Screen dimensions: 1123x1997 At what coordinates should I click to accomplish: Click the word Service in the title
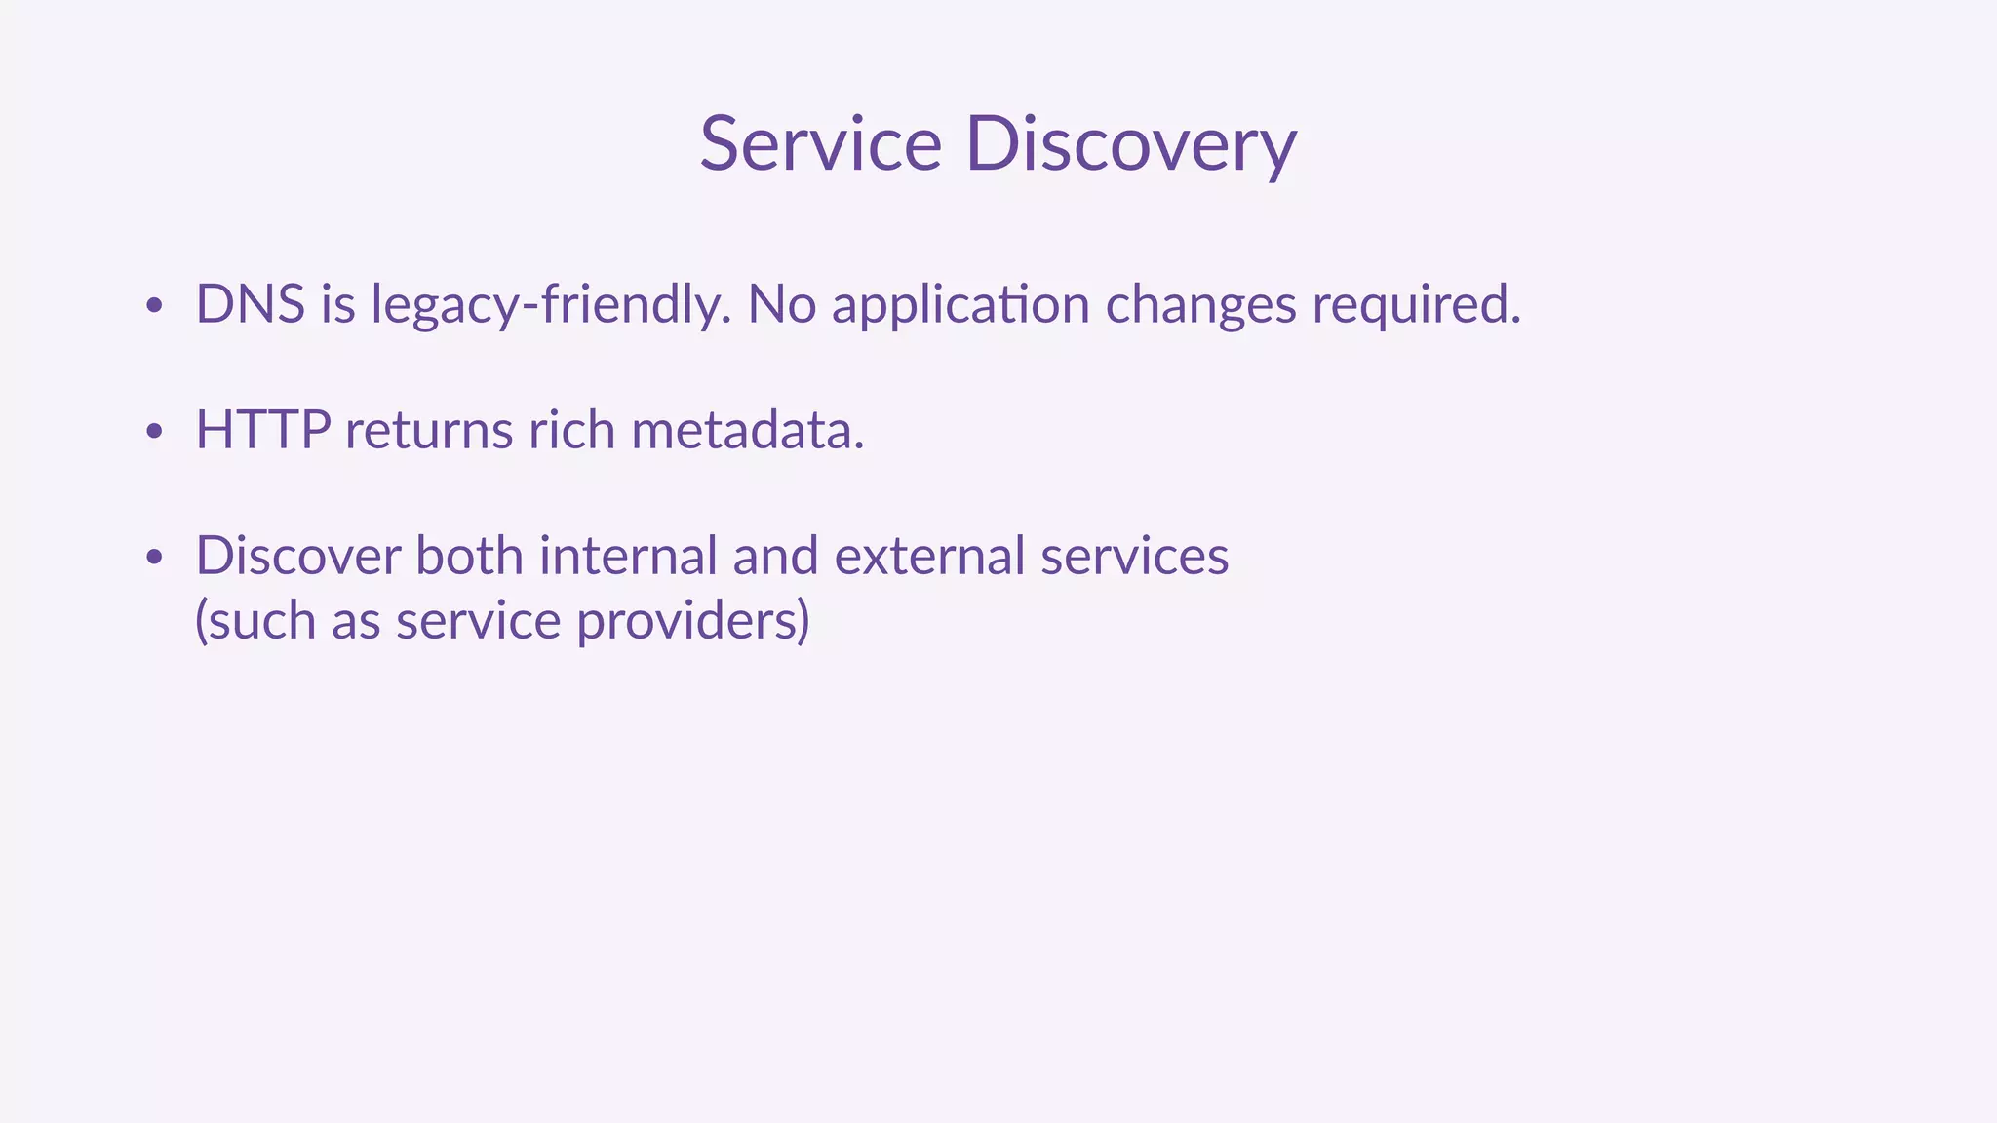click(820, 144)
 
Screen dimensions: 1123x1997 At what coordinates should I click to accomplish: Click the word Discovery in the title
click(1131, 144)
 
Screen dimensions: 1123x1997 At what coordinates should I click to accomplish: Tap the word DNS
click(251, 304)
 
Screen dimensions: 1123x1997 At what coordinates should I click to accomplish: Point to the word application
click(960, 306)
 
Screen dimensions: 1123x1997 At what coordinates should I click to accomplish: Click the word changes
click(1200, 306)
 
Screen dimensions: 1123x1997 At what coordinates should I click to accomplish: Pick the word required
click(1416, 306)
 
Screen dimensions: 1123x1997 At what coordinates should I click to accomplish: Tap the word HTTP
click(263, 430)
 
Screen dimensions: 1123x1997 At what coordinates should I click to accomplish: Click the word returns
click(429, 430)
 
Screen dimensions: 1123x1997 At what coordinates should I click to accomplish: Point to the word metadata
click(748, 430)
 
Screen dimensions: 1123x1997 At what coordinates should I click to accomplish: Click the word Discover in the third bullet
click(298, 556)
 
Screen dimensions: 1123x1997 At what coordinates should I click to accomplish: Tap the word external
click(930, 556)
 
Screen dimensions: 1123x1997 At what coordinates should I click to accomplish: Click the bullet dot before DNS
click(153, 306)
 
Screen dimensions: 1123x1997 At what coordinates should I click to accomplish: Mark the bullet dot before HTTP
click(153, 432)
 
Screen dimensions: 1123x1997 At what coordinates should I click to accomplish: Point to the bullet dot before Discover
click(153, 558)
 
